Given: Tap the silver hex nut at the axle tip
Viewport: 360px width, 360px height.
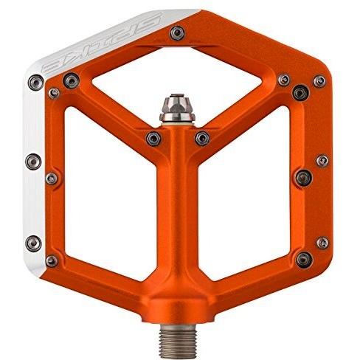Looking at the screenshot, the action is [177, 108].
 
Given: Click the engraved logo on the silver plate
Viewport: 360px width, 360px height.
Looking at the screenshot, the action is [102, 42].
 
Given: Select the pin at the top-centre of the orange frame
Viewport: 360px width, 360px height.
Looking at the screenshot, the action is [177, 32].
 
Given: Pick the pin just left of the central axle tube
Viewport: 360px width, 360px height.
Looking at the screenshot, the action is [153, 139].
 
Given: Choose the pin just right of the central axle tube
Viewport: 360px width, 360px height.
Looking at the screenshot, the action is [202, 138].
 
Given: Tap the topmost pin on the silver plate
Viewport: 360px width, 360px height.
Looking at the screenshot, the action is [36, 83].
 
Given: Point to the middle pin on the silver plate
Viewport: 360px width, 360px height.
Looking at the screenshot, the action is [33, 162].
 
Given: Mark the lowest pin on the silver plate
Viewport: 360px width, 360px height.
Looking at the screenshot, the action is [33, 243].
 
